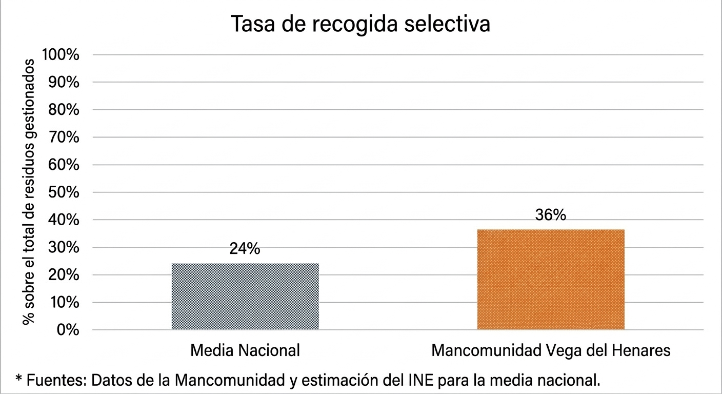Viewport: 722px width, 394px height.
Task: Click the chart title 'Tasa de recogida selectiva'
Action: (x=360, y=25)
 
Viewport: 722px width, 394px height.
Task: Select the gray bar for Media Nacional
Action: (x=245, y=297)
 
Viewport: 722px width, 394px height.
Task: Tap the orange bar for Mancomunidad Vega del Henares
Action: (x=551, y=280)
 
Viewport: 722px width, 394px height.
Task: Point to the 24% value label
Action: (x=245, y=249)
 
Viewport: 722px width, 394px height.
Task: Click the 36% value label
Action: (x=551, y=215)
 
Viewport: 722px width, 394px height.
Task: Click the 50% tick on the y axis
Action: (x=64, y=192)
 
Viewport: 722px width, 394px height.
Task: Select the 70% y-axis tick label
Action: (x=64, y=137)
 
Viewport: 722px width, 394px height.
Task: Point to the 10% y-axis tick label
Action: (x=64, y=302)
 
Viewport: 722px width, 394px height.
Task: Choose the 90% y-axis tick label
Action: (x=64, y=82)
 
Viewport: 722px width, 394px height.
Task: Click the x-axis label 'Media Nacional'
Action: (x=245, y=350)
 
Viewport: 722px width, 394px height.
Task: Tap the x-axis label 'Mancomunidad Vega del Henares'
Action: (x=551, y=350)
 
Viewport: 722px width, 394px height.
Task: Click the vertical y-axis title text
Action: (x=29, y=191)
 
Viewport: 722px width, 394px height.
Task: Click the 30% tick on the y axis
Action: (x=64, y=247)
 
